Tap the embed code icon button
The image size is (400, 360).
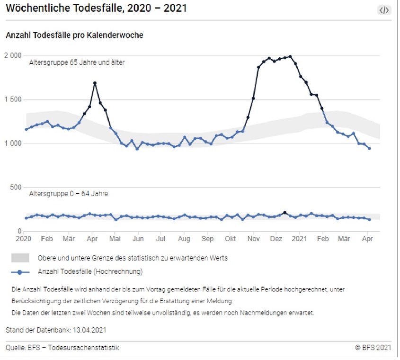pos(384,10)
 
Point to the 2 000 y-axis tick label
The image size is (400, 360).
pos(13,55)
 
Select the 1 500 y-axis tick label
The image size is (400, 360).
pos(13,99)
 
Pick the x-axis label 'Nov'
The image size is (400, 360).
pos(255,238)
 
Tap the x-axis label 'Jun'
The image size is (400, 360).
pos(138,238)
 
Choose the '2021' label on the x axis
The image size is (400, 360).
pos(300,238)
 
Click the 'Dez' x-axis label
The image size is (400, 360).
pos(276,238)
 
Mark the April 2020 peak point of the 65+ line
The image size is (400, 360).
pos(95,83)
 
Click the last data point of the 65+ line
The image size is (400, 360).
pos(369,148)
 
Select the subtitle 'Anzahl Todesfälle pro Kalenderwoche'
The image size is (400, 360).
pos(74,35)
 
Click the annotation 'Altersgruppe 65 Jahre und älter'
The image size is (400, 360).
pos(77,62)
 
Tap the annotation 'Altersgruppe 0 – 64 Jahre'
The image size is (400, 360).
pos(69,194)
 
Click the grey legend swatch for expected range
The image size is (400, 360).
pos(20,258)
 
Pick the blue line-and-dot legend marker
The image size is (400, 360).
pos(20,272)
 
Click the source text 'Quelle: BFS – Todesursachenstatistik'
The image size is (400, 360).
pos(62,348)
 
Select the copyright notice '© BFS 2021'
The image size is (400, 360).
pos(373,348)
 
